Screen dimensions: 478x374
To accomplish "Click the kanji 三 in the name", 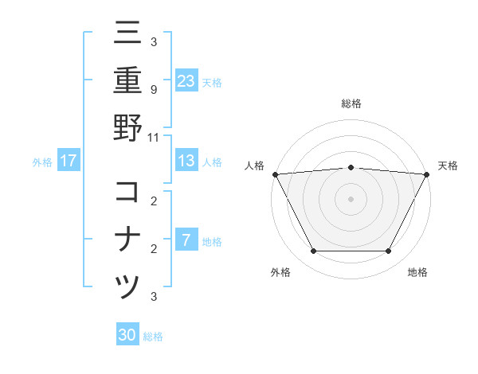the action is (127, 33).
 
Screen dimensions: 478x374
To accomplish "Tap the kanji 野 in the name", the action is (127, 128).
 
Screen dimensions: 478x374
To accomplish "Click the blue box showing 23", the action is (186, 81).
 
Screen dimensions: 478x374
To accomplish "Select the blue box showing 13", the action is (186, 161).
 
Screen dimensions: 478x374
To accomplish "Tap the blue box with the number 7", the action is (186, 240).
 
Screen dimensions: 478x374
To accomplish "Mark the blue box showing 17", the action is (69, 161).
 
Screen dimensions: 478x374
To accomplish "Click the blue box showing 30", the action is (127, 335).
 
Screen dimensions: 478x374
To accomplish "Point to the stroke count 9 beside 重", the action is (153, 89).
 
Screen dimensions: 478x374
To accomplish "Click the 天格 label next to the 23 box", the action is (212, 82).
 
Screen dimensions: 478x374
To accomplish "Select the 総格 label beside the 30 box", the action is (153, 337).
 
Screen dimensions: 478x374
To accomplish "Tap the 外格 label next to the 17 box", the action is (42, 162).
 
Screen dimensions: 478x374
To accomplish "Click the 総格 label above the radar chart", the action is (351, 104).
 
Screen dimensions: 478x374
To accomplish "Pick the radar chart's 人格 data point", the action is (275, 173).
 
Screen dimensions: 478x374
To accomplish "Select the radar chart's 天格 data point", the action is (426, 173).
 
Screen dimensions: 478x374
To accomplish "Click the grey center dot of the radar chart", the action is (351, 198).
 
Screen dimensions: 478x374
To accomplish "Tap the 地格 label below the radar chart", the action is (417, 273).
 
